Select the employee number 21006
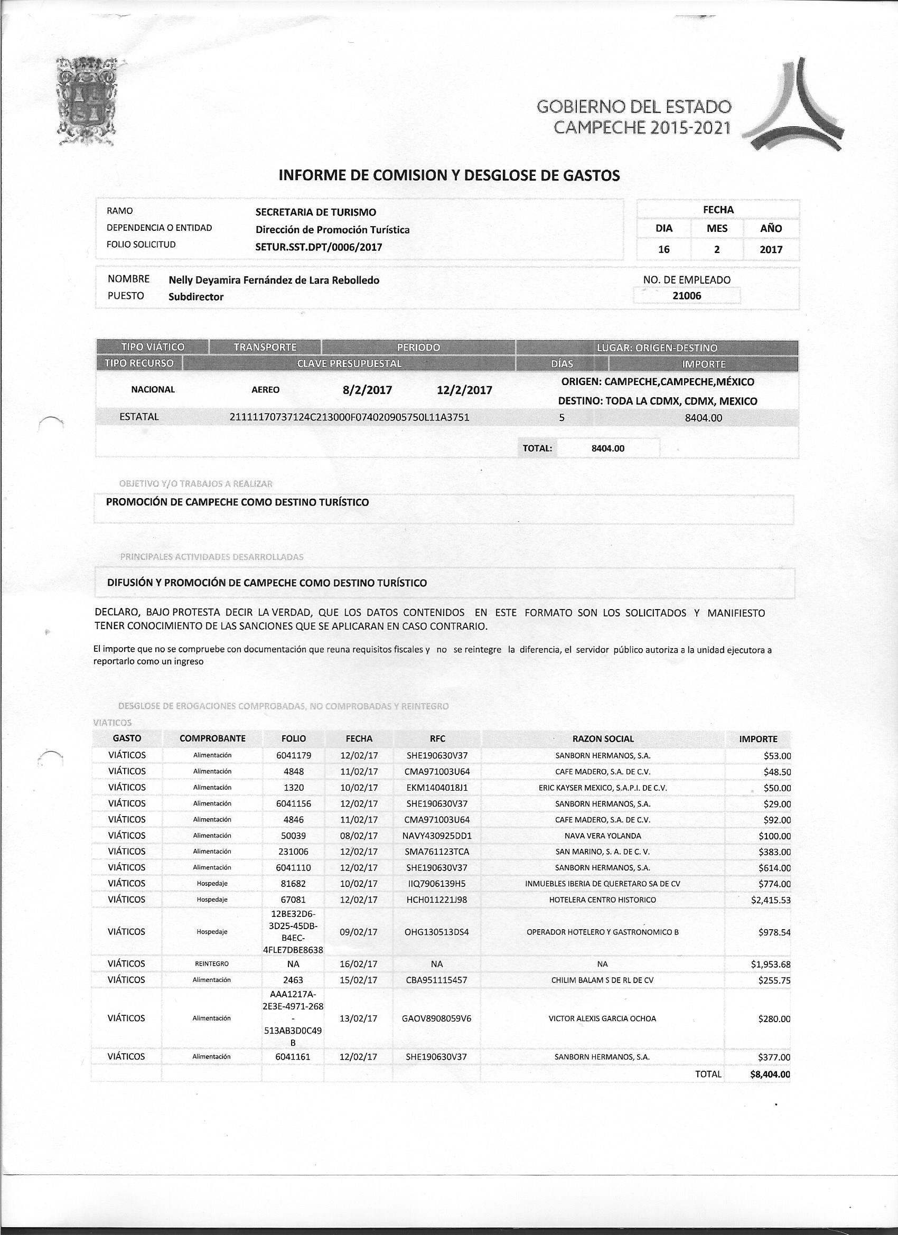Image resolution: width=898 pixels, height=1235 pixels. [x=687, y=296]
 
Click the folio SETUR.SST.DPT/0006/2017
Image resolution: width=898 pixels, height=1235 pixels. [x=319, y=247]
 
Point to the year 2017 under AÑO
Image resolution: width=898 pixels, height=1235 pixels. [x=771, y=249]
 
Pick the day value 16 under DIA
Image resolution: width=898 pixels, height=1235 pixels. [x=664, y=249]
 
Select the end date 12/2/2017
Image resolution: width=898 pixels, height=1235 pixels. [x=464, y=390]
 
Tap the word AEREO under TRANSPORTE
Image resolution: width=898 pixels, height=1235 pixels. [x=265, y=390]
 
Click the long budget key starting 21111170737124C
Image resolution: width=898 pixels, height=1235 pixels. [x=350, y=417]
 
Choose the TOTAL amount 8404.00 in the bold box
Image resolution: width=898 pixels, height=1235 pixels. [x=608, y=448]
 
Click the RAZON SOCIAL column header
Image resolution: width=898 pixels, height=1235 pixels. [x=603, y=739]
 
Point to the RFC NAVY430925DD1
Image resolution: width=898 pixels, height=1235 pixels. [x=437, y=836]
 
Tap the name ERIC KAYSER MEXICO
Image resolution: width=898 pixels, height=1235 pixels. [x=602, y=788]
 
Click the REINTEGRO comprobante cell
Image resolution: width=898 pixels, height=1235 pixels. [x=212, y=964]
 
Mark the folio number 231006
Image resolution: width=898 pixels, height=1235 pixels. [x=294, y=852]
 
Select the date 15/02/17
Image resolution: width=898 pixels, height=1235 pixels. [x=358, y=980]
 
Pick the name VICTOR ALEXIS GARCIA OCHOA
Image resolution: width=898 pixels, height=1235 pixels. [x=602, y=1018]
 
